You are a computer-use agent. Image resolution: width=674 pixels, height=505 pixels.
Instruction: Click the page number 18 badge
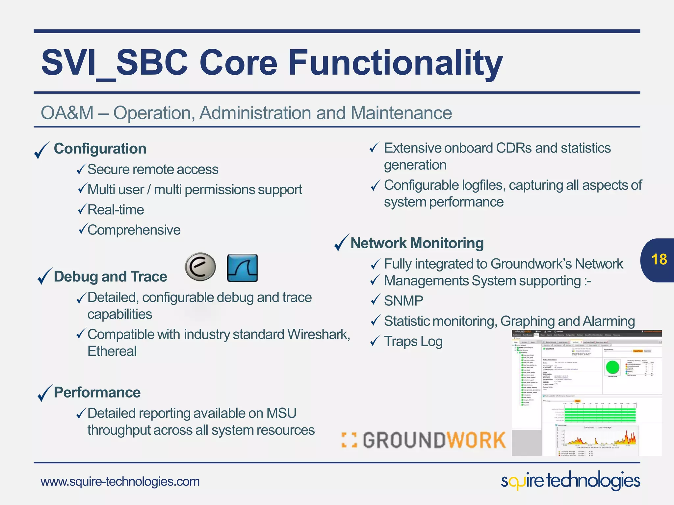point(659,260)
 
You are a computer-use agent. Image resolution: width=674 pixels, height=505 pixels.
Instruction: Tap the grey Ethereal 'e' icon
point(200,267)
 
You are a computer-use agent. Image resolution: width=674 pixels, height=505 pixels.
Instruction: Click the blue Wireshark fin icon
point(242,268)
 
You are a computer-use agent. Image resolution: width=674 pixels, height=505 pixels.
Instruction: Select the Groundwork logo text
point(425,440)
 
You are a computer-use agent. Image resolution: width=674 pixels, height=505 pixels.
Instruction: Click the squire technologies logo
point(570,481)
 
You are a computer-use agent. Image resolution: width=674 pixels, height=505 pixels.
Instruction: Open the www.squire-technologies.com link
point(120,482)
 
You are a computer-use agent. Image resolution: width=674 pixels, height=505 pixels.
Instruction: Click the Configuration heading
point(100,149)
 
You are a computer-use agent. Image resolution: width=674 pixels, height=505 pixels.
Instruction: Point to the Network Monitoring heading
point(417,243)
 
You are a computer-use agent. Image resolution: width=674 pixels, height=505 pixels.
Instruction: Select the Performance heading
point(97,393)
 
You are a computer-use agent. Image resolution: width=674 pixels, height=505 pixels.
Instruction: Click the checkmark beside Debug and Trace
point(45,276)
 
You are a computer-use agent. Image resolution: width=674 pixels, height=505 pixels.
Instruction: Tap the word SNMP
point(403,301)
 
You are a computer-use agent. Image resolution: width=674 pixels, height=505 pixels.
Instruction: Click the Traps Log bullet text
point(413,341)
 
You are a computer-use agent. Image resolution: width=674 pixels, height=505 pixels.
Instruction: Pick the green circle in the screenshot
point(612,367)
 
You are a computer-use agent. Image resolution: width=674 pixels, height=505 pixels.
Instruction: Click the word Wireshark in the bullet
point(318,334)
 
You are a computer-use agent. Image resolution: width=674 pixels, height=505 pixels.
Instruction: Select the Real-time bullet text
point(116,210)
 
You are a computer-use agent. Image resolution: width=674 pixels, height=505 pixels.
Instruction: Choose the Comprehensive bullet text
point(134,230)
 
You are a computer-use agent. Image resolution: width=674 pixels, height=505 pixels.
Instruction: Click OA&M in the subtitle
point(67,113)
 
